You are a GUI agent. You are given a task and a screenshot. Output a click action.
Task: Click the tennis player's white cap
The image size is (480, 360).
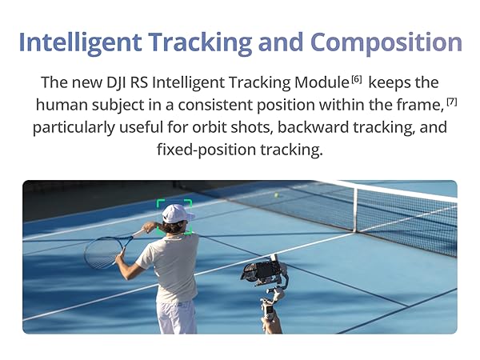[177, 214]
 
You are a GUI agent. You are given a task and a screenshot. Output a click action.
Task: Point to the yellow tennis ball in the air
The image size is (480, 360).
[277, 194]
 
